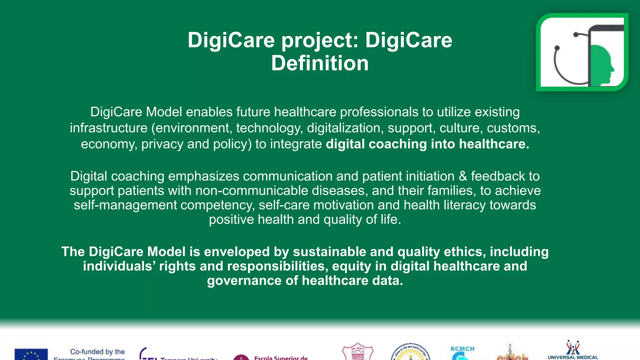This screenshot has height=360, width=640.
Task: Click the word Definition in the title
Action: [x=320, y=63]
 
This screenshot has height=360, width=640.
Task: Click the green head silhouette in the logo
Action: [x=602, y=66]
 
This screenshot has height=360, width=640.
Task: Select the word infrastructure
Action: [x=108, y=128]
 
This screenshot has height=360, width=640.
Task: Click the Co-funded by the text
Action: [x=97, y=352]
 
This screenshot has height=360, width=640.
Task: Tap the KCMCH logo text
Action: [x=462, y=349]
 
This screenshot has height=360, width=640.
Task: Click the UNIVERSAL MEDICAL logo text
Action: [x=573, y=357]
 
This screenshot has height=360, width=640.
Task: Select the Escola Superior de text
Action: [x=281, y=357]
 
